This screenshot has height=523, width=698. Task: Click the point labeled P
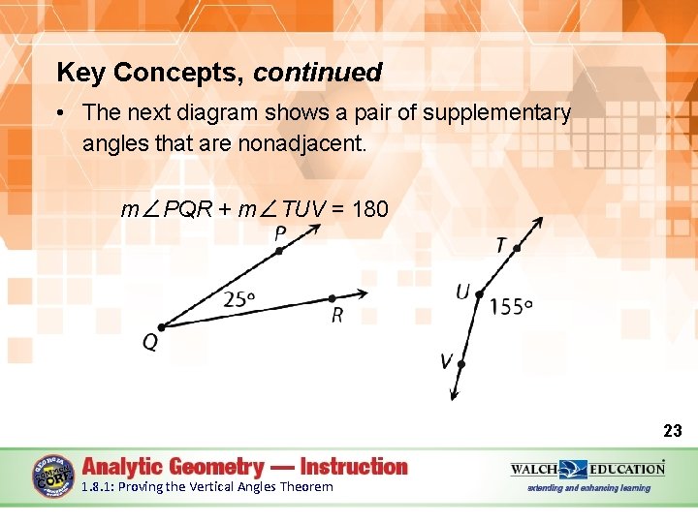[x=278, y=250]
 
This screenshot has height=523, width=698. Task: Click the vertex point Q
[x=161, y=326]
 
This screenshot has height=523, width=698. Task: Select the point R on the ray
[x=332, y=298]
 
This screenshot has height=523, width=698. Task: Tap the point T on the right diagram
[x=517, y=249]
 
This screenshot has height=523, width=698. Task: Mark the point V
[x=461, y=365]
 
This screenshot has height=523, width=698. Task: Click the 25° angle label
[x=239, y=299]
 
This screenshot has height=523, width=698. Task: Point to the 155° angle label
[x=512, y=307]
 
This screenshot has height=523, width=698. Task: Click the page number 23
[x=672, y=431]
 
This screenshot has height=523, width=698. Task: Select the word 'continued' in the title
[x=318, y=73]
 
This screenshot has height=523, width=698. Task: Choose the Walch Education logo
[x=587, y=470]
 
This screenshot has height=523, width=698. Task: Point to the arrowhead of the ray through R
[x=365, y=292]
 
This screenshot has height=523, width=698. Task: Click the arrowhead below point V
[x=453, y=394]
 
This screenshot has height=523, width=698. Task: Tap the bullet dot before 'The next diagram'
[x=61, y=113]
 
